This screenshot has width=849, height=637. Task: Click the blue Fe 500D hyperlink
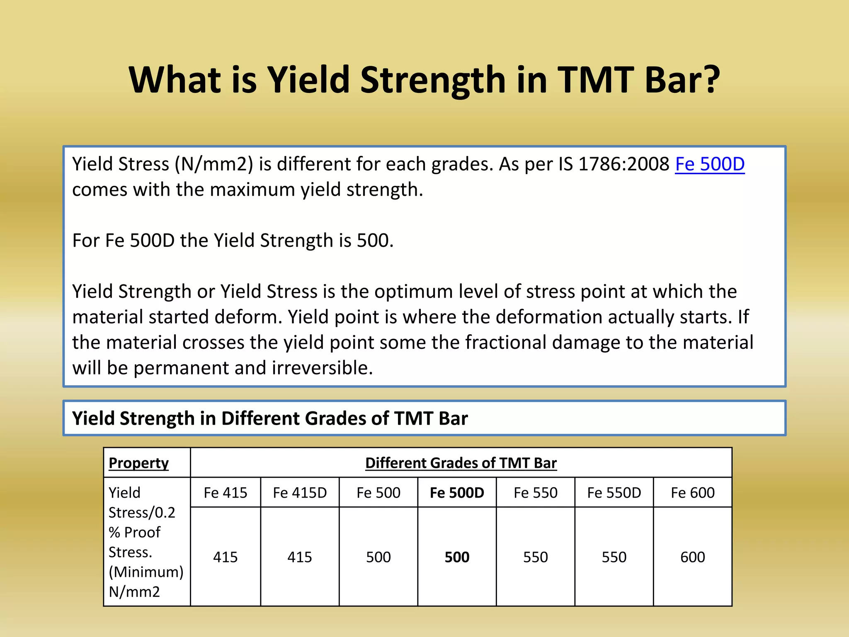709,164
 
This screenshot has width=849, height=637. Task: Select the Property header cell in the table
138,463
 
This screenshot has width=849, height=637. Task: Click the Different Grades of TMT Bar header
461,463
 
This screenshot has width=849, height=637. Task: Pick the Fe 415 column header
225,493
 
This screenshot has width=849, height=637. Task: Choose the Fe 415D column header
300,493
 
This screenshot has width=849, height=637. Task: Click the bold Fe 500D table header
457,493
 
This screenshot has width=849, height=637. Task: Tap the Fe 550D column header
614,493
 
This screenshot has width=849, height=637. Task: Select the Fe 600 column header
692,493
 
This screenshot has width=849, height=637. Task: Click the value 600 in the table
692,557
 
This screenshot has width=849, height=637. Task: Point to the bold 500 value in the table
457,557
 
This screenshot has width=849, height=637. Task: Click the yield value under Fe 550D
614,557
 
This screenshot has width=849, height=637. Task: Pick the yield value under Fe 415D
300,557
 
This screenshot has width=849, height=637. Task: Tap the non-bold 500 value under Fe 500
378,557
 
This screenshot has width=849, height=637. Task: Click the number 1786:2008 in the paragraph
623,164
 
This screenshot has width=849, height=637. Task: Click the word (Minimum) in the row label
146,572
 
